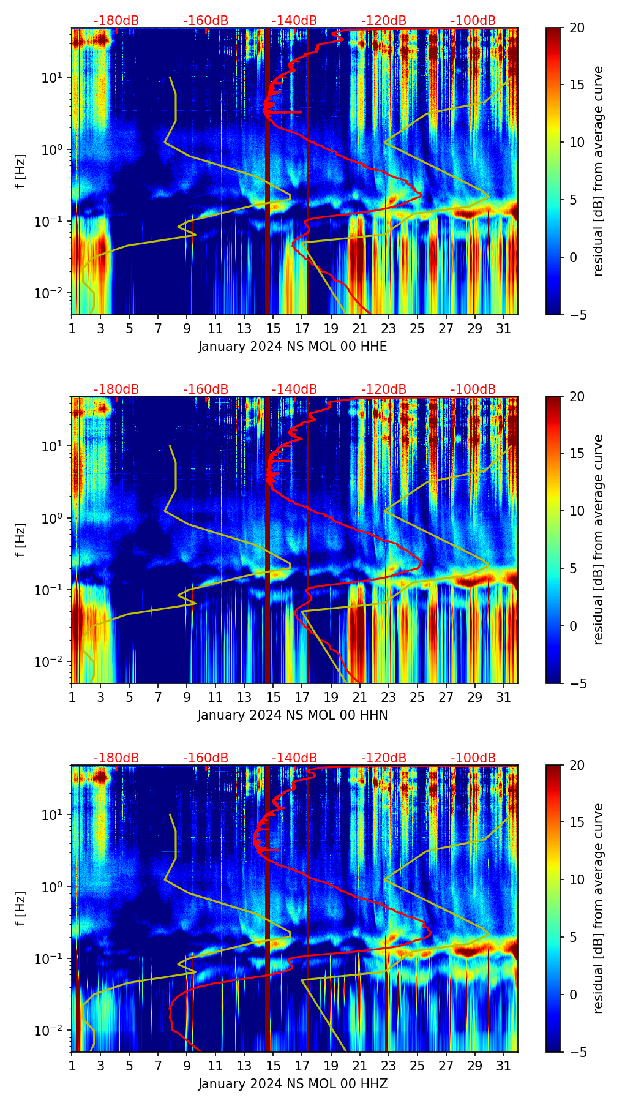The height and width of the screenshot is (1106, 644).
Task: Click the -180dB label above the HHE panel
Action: coord(116,21)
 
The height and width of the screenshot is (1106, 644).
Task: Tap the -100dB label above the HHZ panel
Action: coord(473,758)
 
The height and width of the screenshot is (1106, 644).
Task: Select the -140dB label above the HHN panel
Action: coord(294,389)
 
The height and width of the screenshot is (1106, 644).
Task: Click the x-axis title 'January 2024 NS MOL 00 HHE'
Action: coord(293,347)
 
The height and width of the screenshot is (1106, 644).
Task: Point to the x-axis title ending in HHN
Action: coord(293,715)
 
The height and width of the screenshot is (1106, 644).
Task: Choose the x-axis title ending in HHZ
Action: coord(293,1084)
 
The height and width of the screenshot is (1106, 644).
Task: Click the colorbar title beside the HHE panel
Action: coord(599,171)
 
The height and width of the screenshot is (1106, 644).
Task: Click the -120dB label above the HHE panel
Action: coord(384,21)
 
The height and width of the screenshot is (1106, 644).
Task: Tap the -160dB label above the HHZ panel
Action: coord(206,758)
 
